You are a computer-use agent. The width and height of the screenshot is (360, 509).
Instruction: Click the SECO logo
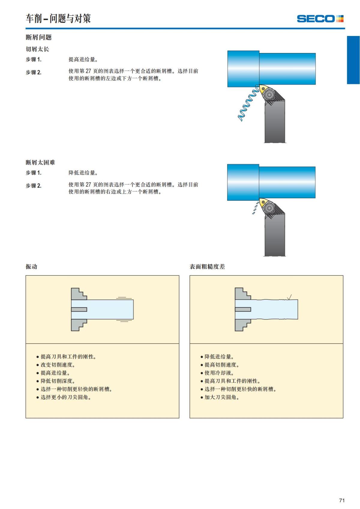320,19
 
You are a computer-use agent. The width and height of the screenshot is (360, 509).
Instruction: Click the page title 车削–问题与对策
58,19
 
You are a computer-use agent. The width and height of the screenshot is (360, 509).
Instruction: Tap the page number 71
342,500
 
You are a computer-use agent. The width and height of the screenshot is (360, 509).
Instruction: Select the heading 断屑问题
39,37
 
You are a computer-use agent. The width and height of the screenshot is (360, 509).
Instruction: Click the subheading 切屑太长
37,49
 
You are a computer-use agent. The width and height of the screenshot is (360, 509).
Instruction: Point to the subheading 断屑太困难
40,162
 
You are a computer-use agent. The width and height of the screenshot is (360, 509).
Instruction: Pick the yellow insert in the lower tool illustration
264,202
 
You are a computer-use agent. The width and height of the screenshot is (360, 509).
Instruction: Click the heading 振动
31,266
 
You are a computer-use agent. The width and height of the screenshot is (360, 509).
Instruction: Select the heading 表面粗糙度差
207,266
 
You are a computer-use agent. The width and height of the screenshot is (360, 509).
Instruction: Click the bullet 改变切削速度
58,365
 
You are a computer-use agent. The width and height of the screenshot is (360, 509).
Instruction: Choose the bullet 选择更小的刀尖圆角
66,397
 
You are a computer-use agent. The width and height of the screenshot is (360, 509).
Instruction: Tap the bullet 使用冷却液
219,373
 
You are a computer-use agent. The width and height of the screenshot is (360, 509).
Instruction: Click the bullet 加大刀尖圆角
222,397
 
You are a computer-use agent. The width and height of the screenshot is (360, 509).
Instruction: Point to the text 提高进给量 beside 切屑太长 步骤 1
83,59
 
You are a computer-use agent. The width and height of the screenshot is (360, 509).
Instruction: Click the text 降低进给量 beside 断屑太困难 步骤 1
83,173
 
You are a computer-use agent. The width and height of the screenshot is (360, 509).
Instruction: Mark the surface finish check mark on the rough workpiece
289,297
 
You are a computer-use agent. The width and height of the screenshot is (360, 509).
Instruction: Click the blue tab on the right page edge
353,60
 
